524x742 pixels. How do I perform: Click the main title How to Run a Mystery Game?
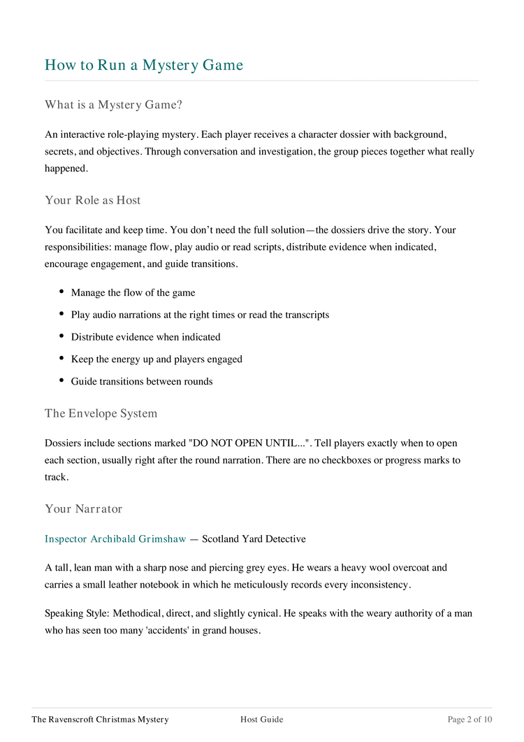coord(144,65)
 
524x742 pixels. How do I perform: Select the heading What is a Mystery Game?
coord(113,105)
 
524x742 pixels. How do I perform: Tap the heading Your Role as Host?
coord(92,200)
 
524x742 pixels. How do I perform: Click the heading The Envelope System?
coord(101,413)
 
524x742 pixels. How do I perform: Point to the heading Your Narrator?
coord(83,508)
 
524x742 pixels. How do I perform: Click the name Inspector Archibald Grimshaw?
coord(115,539)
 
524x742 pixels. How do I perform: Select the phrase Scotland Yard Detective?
coord(254,539)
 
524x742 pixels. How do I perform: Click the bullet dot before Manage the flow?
coord(61,292)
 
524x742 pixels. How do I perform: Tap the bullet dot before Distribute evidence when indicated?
coord(61,336)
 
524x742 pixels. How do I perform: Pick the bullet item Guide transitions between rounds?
coord(141,381)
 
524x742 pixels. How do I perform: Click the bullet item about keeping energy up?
coord(157,359)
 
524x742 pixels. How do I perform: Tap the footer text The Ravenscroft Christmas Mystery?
coord(100,720)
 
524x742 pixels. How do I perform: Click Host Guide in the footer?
coord(261,720)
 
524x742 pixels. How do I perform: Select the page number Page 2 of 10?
coord(470,720)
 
